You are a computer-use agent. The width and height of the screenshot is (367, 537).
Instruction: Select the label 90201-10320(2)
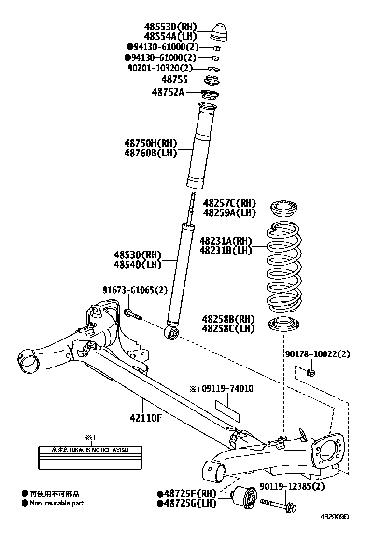[160, 68]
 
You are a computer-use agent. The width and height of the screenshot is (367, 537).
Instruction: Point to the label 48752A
[168, 92]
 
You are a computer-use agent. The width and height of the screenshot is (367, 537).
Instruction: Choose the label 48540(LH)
[138, 264]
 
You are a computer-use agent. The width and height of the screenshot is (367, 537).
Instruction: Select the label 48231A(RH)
[226, 240]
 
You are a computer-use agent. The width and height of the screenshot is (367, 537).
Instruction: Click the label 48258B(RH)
[228, 319]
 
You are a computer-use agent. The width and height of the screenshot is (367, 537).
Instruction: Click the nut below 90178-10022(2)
[311, 372]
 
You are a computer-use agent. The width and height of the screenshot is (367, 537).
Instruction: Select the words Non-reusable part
[57, 503]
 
